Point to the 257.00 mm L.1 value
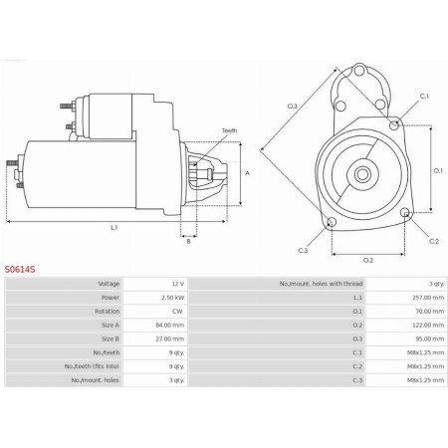423,297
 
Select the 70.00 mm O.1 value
425,310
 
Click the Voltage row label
109,284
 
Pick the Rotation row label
108,310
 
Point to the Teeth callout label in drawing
229,130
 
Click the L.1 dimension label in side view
114,228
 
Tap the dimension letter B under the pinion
187,240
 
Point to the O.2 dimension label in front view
367,260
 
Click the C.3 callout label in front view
302,250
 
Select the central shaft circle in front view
362,177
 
